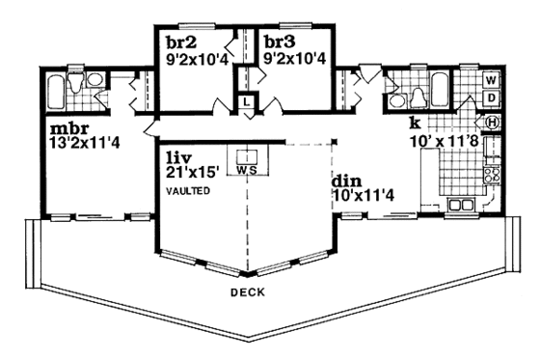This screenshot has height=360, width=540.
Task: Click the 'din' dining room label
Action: (x=346, y=180)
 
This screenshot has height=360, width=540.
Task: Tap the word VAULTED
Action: (x=187, y=192)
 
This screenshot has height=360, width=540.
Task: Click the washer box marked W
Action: (x=490, y=79)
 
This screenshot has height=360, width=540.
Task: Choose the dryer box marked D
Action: (x=490, y=98)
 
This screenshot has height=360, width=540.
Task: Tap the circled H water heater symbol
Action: (x=490, y=123)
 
